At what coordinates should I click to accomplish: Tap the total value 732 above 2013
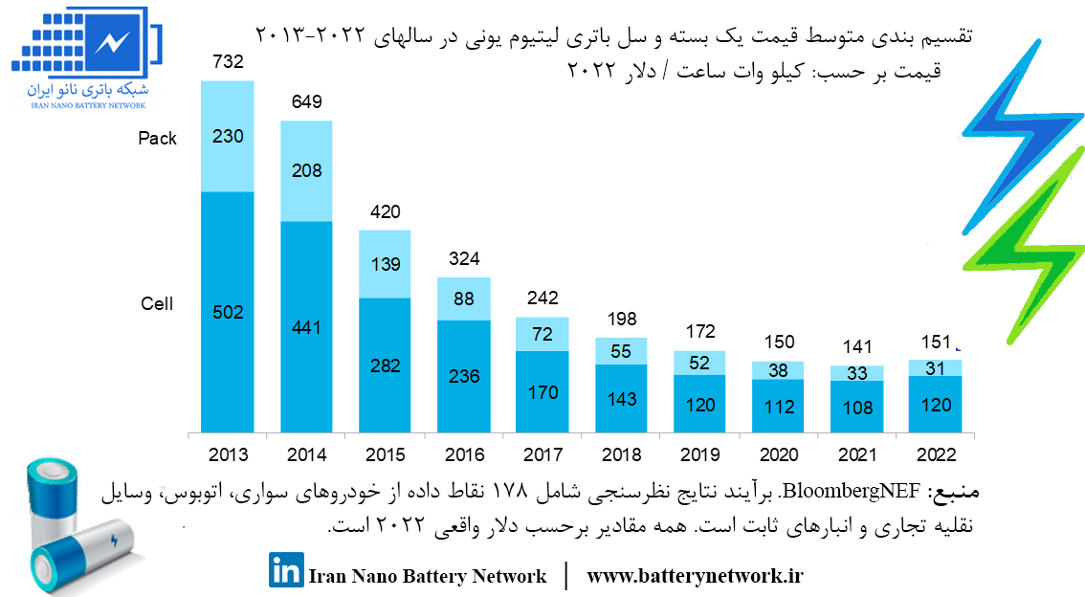228,62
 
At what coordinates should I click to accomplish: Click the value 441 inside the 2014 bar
306,327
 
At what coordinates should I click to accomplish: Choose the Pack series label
157,139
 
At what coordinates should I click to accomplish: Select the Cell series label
157,304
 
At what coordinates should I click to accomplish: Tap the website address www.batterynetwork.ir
695,576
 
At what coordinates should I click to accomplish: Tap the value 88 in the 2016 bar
464,298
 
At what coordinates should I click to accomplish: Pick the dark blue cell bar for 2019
699,404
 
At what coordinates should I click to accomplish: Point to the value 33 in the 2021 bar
856,374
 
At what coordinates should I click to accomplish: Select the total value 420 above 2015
385,212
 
